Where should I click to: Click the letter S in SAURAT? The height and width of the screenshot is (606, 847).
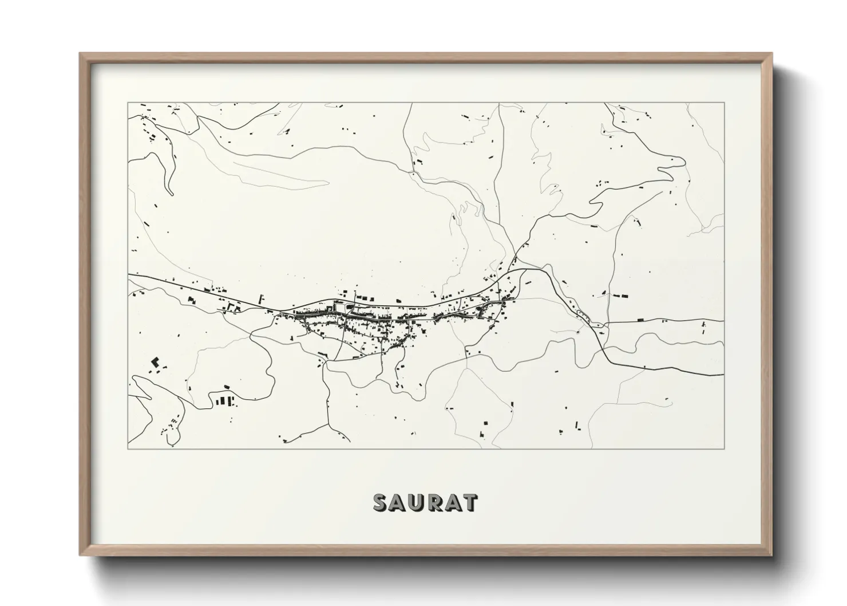point(381,502)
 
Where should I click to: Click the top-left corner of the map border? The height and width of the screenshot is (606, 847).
point(128,103)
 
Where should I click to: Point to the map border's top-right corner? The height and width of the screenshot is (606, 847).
point(724,103)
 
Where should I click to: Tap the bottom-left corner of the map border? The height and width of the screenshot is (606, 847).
point(128,448)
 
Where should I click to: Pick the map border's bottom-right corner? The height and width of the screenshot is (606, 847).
point(724,448)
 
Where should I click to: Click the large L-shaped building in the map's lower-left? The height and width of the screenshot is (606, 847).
point(154,362)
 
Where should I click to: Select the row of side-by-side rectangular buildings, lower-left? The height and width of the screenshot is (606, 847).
point(225,400)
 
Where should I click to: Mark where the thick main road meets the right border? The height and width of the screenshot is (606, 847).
point(723,375)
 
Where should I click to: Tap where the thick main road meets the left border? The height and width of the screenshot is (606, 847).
point(128,275)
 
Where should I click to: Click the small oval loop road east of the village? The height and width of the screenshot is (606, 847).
point(583,313)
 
